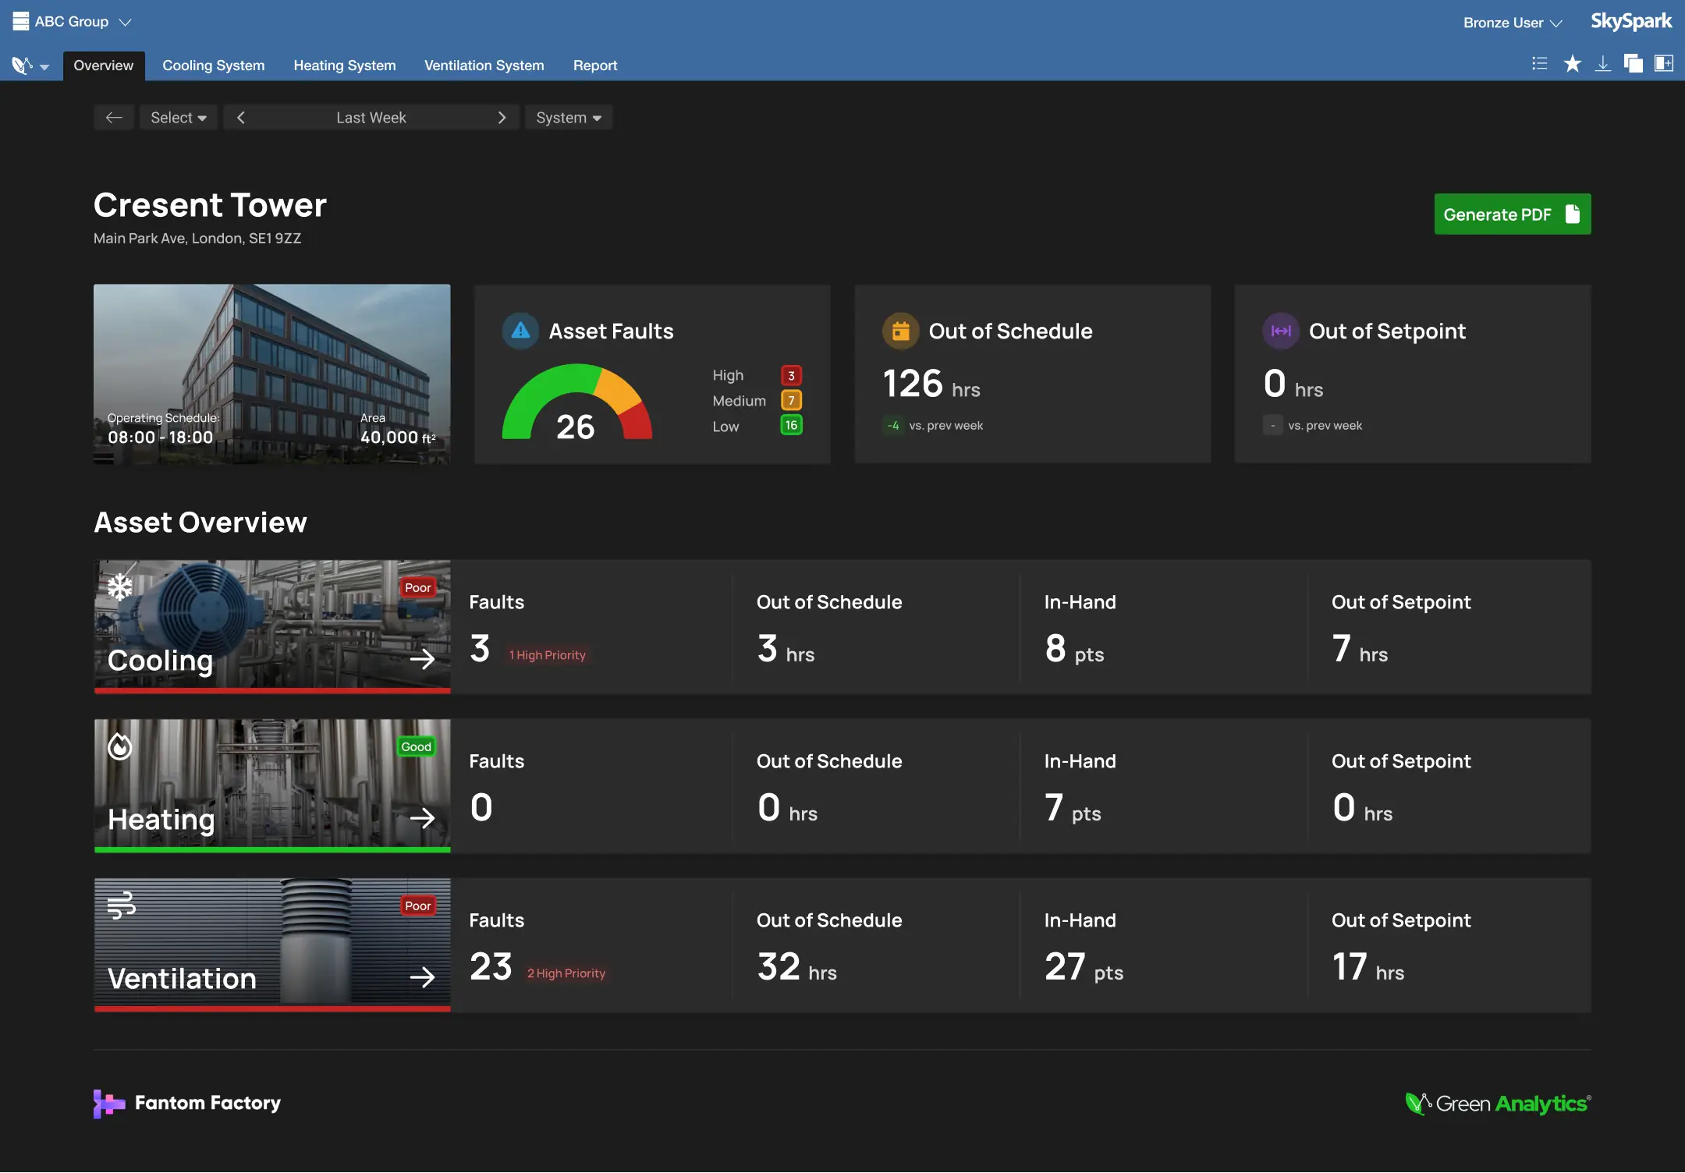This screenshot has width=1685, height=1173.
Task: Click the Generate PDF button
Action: tap(1511, 214)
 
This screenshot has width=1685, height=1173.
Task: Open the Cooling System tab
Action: tap(213, 66)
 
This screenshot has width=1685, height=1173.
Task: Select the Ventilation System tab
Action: tap(484, 66)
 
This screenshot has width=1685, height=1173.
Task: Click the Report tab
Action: tap(594, 66)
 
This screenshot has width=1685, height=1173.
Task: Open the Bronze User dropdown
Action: tap(1512, 23)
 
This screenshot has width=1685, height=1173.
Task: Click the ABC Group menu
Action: tap(72, 22)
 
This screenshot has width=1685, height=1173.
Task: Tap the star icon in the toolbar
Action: tap(1572, 64)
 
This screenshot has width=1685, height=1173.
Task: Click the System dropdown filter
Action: tap(568, 118)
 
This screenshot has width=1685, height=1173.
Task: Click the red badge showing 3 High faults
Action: tap(791, 376)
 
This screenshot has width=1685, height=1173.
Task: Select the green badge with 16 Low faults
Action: tap(791, 425)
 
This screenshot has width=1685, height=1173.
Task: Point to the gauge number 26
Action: tap(575, 427)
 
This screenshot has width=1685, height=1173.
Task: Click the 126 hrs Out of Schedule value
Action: tap(930, 385)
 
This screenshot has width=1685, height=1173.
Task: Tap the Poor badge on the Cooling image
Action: tap(417, 588)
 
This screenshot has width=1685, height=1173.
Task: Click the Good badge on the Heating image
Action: tap(416, 747)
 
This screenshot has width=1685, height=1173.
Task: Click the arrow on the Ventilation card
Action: tap(422, 977)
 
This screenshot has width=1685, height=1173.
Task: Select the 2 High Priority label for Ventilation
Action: tap(566, 973)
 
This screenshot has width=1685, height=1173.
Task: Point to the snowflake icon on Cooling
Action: tap(120, 587)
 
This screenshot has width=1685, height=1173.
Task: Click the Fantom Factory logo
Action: tap(187, 1103)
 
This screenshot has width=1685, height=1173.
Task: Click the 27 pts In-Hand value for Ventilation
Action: tap(1083, 968)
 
